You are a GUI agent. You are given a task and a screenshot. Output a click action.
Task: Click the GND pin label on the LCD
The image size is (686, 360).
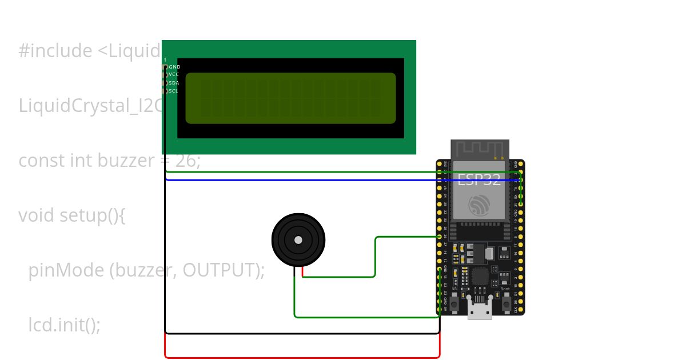pyautogui.click(x=174, y=67)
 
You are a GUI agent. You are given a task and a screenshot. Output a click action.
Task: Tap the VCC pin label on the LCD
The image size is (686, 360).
pyautogui.click(x=174, y=74)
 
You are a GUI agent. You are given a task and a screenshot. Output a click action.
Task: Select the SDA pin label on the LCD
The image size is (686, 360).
pyautogui.click(x=174, y=83)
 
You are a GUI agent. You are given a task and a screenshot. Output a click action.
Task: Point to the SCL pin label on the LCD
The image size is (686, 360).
pyautogui.click(x=173, y=91)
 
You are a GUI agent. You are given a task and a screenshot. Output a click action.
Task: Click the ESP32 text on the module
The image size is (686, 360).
pyautogui.click(x=479, y=180)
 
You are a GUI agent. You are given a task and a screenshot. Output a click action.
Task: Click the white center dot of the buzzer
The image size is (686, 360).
pyautogui.click(x=298, y=240)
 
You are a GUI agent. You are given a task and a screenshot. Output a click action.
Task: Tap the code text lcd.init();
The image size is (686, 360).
pyautogui.click(x=64, y=325)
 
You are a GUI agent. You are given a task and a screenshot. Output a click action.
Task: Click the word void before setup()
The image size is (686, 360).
pyautogui.click(x=36, y=215)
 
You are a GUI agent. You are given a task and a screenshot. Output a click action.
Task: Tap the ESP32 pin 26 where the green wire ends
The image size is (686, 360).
pyautogui.click(x=439, y=237)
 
